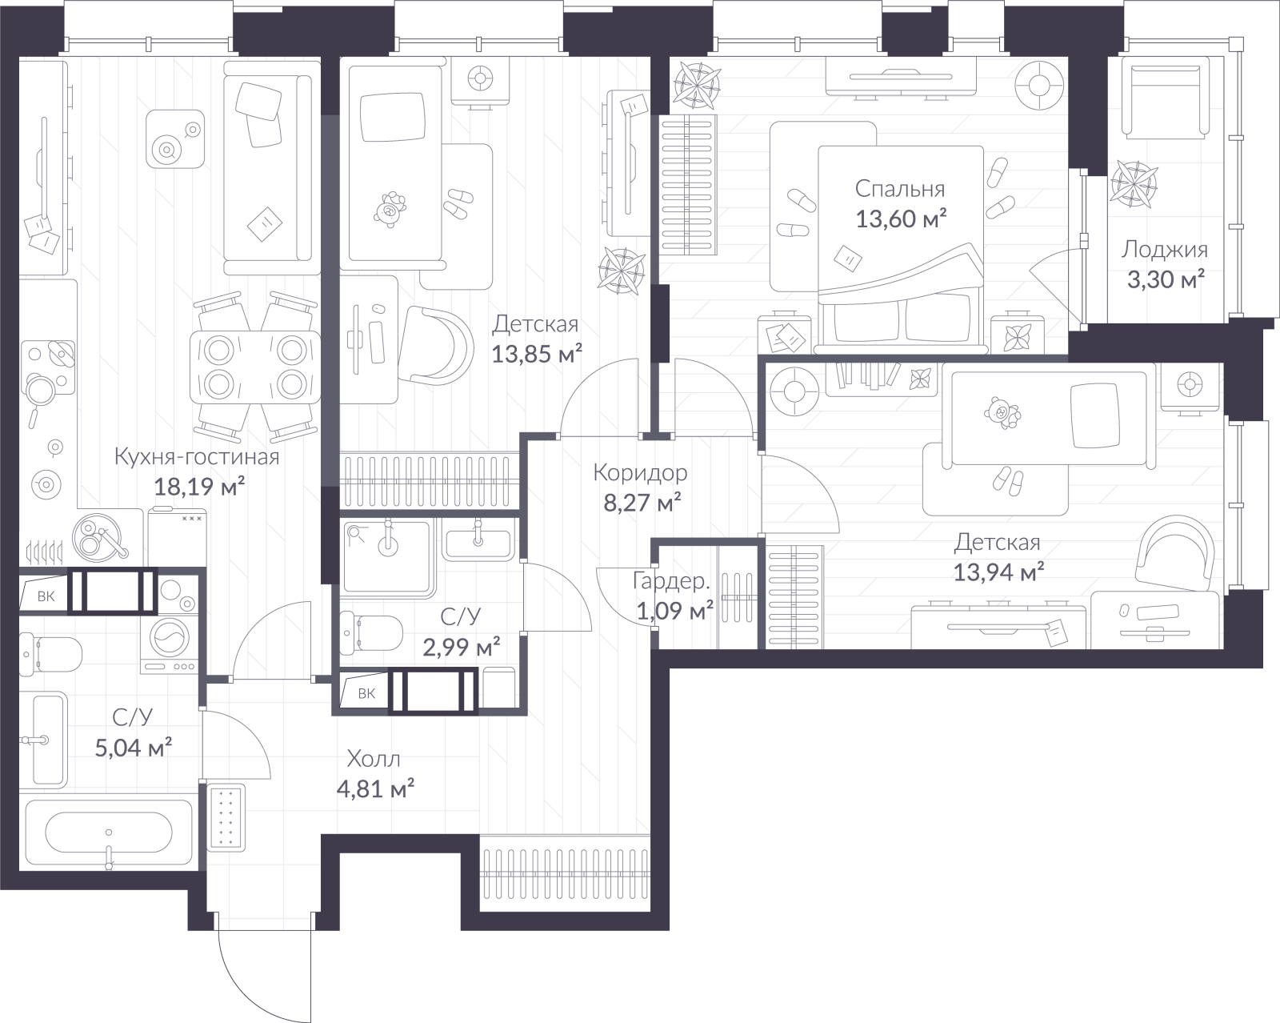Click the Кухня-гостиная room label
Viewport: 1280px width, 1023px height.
196,457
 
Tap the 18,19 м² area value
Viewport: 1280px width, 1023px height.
199,487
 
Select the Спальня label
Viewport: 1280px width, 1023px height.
900,189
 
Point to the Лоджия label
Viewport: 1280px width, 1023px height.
1165,250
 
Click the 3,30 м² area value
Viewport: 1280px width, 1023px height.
1166,279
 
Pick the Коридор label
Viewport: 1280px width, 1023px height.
640,473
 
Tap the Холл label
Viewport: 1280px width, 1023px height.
374,760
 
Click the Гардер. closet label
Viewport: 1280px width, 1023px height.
671,581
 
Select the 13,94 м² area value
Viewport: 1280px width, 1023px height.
998,572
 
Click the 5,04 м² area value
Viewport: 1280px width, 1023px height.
134,747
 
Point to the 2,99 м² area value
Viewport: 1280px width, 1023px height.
461,647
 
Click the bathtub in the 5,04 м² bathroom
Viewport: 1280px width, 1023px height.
108,831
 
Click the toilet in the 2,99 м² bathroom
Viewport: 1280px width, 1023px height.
371,632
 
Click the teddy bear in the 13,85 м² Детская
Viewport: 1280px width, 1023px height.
390,210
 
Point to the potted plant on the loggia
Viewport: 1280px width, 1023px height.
1134,184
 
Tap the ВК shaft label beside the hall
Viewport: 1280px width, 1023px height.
366,693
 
